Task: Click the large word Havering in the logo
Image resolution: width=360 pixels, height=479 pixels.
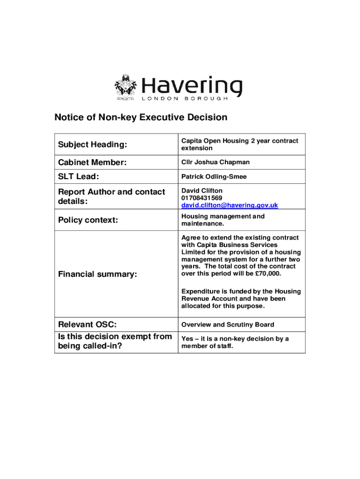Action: click(192, 87)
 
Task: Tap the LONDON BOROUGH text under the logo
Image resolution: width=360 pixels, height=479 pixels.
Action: click(184, 99)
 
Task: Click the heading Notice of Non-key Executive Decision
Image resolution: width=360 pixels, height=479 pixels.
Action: click(141, 117)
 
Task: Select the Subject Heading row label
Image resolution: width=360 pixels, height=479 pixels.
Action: click(92, 145)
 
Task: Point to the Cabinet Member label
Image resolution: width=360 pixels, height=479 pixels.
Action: click(92, 163)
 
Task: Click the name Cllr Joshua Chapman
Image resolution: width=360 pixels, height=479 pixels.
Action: click(216, 162)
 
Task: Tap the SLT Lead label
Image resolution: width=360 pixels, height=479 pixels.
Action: click(79, 177)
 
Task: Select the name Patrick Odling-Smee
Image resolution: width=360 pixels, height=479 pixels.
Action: click(214, 177)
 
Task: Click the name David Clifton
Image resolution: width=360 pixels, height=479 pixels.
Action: click(202, 191)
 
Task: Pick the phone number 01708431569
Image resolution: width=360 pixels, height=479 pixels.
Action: click(202, 198)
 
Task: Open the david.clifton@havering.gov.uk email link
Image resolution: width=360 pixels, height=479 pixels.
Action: click(230, 205)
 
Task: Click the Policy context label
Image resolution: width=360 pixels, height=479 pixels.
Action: click(88, 220)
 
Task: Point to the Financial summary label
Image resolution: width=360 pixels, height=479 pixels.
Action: click(98, 274)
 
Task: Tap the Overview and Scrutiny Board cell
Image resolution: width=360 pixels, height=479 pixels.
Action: click(228, 325)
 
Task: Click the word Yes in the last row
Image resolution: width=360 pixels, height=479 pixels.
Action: click(187, 339)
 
